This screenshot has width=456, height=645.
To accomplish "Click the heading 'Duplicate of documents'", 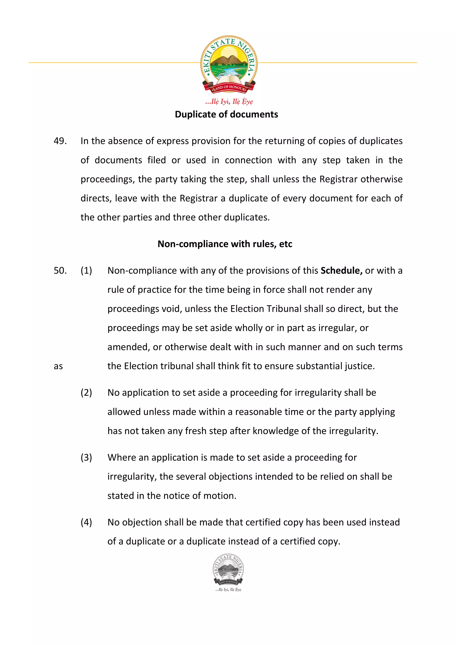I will click(x=226, y=114).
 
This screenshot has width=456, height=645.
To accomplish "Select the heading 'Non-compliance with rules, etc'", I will click(x=225, y=244).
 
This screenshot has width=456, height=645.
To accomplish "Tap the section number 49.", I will click(x=60, y=141).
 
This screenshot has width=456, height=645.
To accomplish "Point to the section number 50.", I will click(x=60, y=270).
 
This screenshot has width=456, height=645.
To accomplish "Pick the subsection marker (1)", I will click(x=86, y=270).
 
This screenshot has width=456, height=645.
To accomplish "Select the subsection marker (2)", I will click(x=86, y=392).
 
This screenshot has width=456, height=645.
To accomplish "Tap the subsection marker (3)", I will click(x=86, y=457).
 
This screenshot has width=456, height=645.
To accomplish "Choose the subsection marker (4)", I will click(x=86, y=522).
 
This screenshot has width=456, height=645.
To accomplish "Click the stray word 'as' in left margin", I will click(x=58, y=366).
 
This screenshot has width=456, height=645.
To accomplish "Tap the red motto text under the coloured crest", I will click(x=229, y=101).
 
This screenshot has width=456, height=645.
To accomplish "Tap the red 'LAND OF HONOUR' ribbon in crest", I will click(x=229, y=88).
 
